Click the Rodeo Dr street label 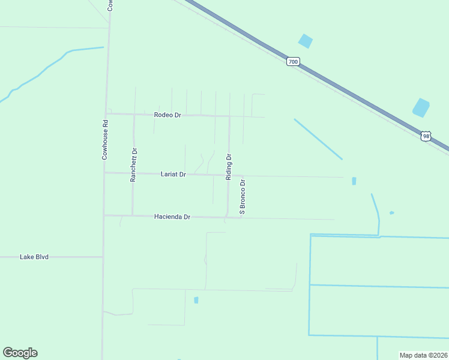pos(167,115)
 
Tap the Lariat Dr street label pos(173,174)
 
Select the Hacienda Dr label pos(172,217)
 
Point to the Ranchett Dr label pos(134,164)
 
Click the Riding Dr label pos(229,167)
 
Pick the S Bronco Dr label pos(243,196)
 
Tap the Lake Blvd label pos(34,257)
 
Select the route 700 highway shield pos(292,62)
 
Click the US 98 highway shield pos(426,136)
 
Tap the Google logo pos(20,353)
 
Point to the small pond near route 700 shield pos(306,41)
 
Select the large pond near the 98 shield pos(421,107)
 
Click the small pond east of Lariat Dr pos(354,181)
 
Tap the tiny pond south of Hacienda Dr pos(196,300)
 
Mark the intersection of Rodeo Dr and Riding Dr pos(229,116)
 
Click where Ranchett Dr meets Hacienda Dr pos(133,215)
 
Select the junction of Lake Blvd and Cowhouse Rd pos(103,257)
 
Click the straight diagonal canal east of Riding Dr pos(318,139)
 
